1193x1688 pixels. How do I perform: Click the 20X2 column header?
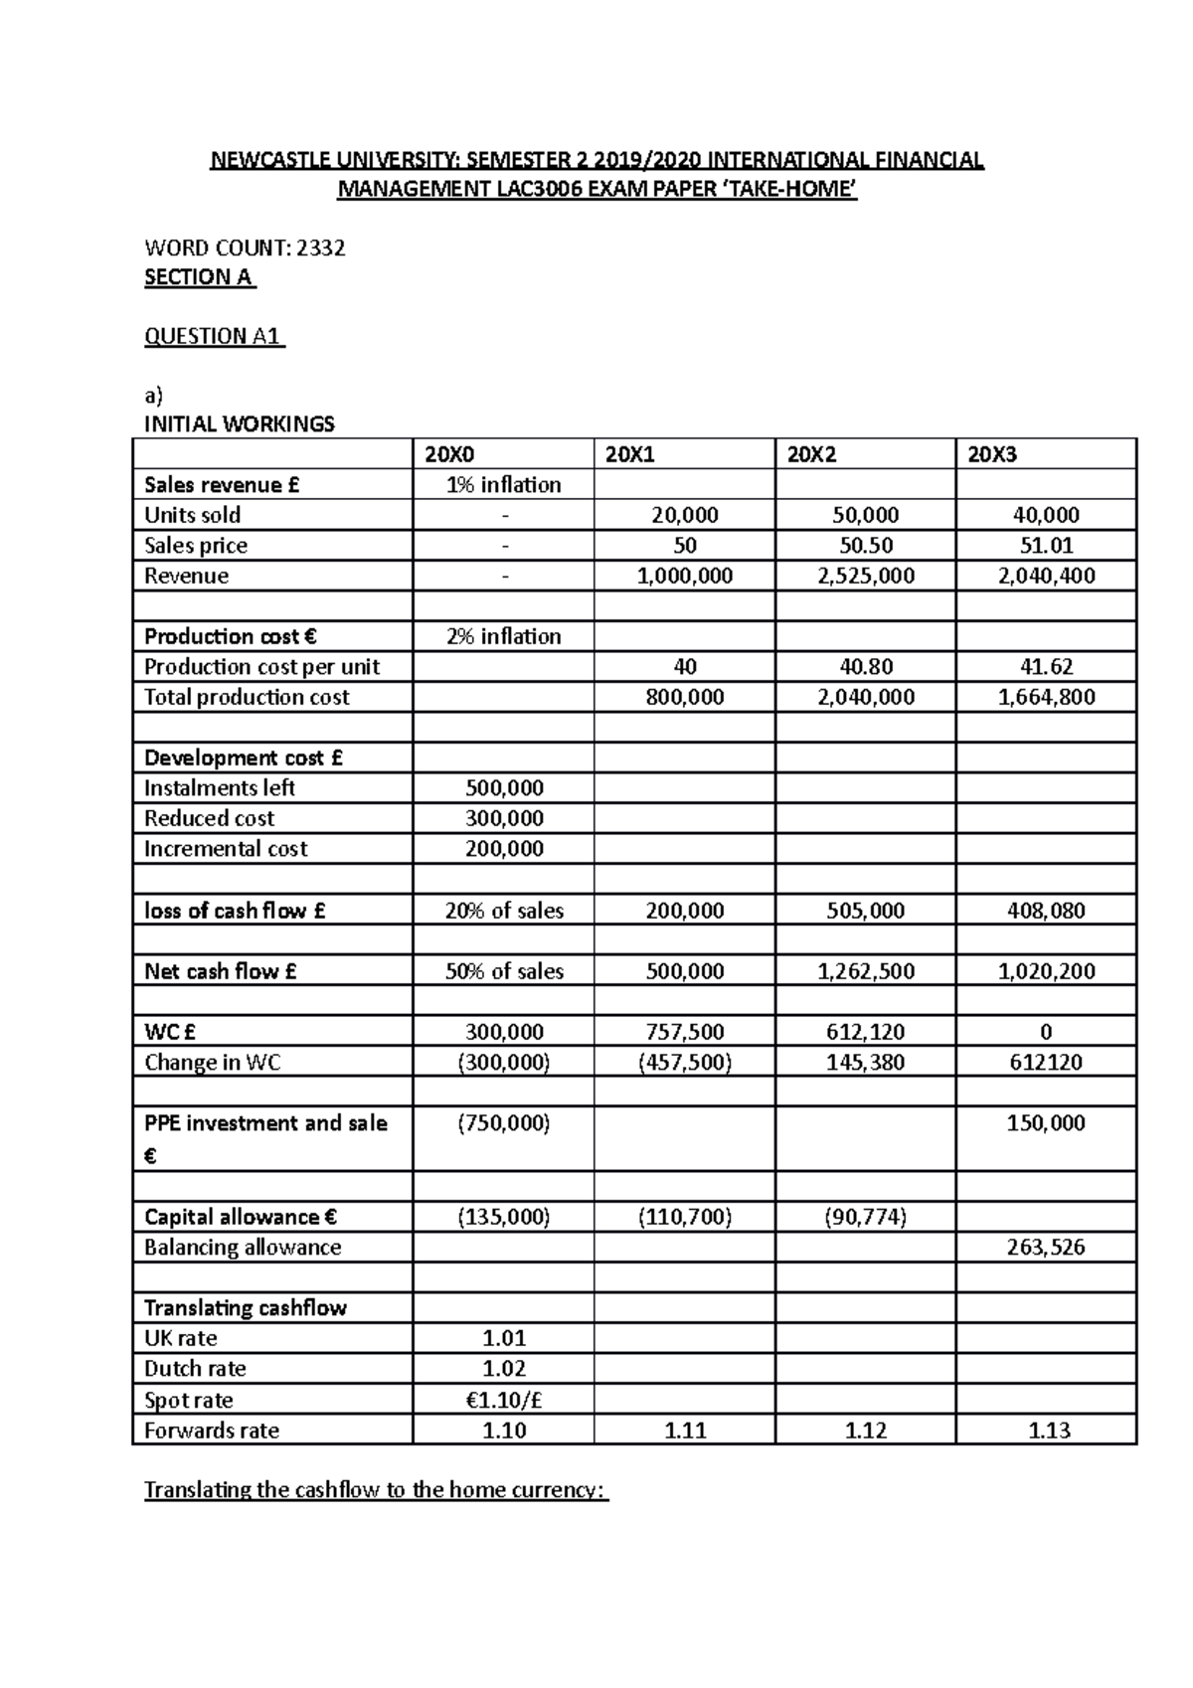tap(811, 455)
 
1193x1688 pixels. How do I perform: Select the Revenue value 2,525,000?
tap(865, 576)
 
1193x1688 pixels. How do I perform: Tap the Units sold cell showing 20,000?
tap(684, 515)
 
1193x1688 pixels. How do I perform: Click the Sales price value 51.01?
tap(1046, 545)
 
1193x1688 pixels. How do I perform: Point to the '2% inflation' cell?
tap(503, 636)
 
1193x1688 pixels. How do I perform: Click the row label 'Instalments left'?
tap(220, 788)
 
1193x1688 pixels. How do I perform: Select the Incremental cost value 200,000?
tap(504, 849)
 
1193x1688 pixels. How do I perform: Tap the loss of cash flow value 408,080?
tap(1046, 911)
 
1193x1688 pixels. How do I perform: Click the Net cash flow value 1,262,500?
tap(865, 971)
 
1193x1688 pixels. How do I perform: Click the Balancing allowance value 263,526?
tap(1046, 1248)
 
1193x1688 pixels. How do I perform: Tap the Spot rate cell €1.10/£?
tap(504, 1400)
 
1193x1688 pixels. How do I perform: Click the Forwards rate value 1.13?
tap(1049, 1431)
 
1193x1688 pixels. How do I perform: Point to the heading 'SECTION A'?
tap(199, 277)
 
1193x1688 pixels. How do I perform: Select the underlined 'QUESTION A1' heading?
tap(214, 336)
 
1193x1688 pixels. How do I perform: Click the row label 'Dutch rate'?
tap(195, 1369)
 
